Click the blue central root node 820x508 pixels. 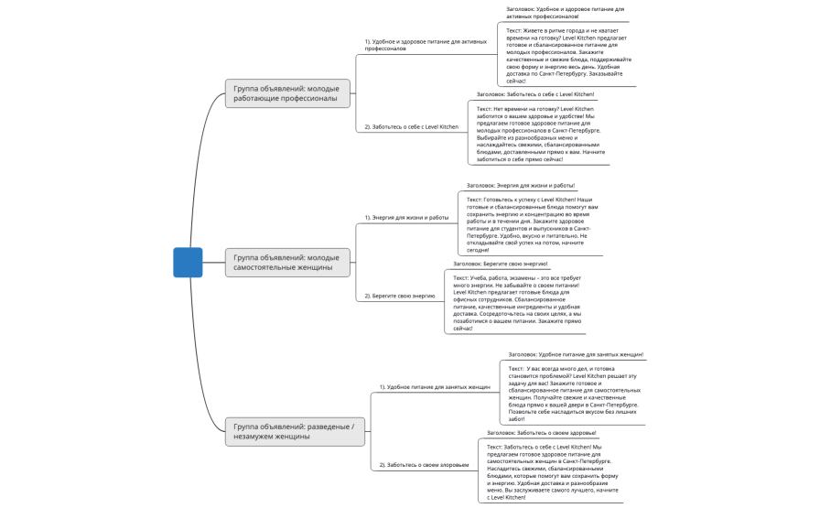coord(188,263)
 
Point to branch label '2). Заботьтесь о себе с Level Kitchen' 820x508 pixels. coord(412,126)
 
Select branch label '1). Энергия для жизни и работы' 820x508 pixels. coord(407,217)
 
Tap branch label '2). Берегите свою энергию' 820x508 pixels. coord(400,296)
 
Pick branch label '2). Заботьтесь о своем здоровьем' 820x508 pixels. coord(425,465)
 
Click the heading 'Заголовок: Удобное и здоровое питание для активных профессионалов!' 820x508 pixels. coord(565,13)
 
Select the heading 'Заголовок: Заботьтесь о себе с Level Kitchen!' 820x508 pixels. coord(535,94)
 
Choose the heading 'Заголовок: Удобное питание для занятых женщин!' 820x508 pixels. coord(576,354)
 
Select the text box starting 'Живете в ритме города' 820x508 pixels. coord(566,55)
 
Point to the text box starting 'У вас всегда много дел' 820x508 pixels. coord(572,394)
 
